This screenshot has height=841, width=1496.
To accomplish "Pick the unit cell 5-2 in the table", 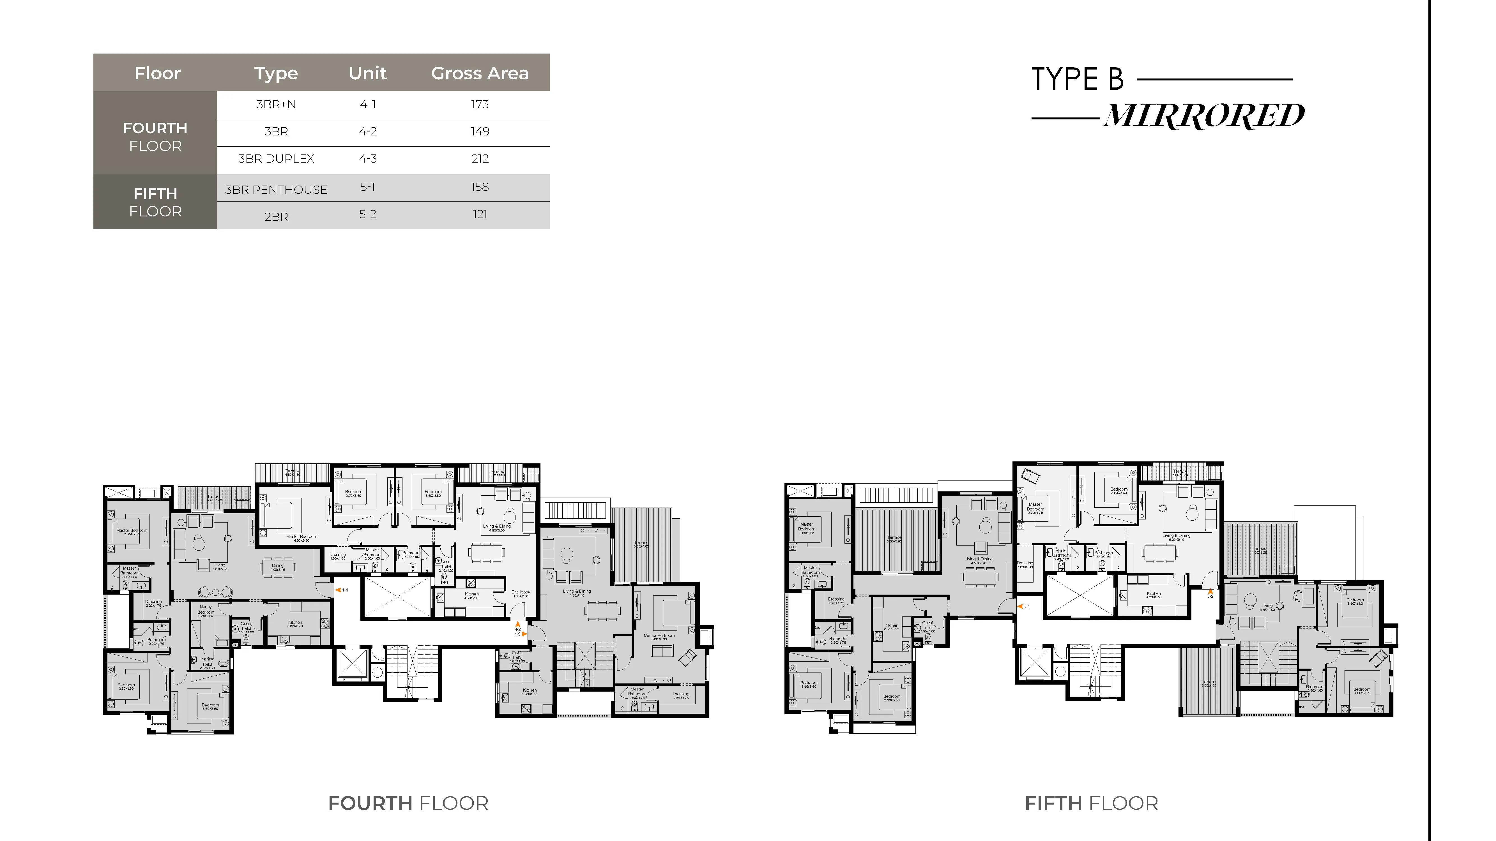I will click(368, 214).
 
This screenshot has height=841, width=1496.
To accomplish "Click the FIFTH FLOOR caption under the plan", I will click(1091, 803).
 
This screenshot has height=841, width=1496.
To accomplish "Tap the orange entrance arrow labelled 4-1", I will click(338, 590).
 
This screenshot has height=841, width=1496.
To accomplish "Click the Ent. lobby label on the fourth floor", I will click(520, 594).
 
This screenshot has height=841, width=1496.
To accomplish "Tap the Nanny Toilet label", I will click(207, 662).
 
